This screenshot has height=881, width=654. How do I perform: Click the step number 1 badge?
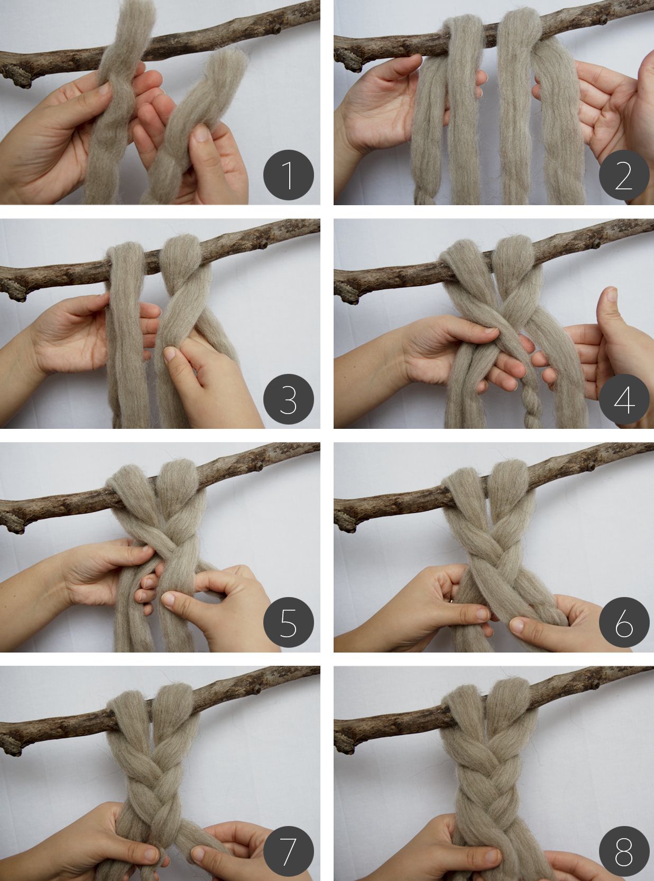pyautogui.click(x=288, y=175)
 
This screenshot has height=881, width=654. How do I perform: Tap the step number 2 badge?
pyautogui.click(x=624, y=175)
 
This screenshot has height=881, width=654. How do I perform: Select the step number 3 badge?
pyautogui.click(x=288, y=399)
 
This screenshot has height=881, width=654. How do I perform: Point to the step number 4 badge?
pyautogui.click(x=624, y=399)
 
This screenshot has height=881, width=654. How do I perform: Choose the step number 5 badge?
pyautogui.click(x=288, y=622)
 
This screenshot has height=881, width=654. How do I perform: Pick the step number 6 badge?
pyautogui.click(x=624, y=622)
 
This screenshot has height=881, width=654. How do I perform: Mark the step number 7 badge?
pyautogui.click(x=288, y=846)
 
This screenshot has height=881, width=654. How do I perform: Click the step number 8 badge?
pyautogui.click(x=624, y=846)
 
